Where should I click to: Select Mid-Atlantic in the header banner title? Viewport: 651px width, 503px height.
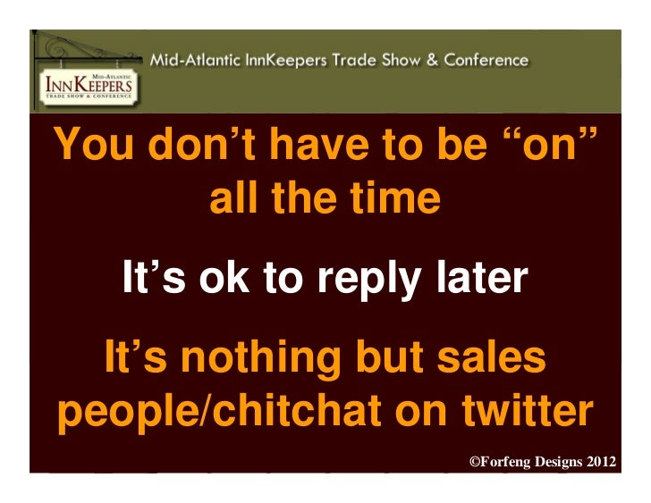click(x=191, y=61)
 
